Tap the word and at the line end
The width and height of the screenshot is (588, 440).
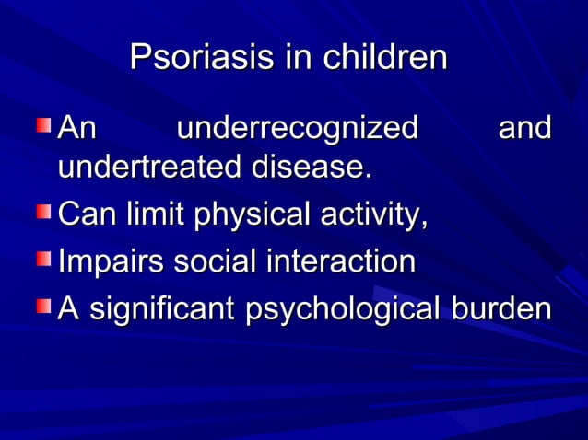[524, 128]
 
